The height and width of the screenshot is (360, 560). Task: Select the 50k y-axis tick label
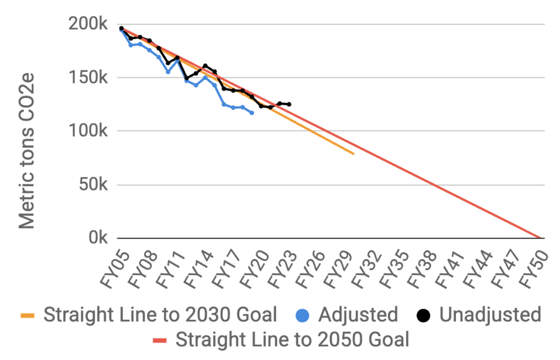tap(94, 185)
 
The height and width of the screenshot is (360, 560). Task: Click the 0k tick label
tap(98, 238)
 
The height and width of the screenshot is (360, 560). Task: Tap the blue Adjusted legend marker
tap(303, 315)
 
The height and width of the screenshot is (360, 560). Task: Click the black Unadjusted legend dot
tap(423, 315)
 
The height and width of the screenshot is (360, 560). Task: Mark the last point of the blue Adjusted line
tap(252, 113)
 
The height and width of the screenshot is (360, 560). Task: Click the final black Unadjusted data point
tap(289, 104)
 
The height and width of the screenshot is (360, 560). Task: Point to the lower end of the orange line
tap(354, 154)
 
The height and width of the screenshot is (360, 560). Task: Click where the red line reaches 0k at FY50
tap(540, 238)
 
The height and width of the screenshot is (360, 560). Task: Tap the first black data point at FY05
tap(121, 28)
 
